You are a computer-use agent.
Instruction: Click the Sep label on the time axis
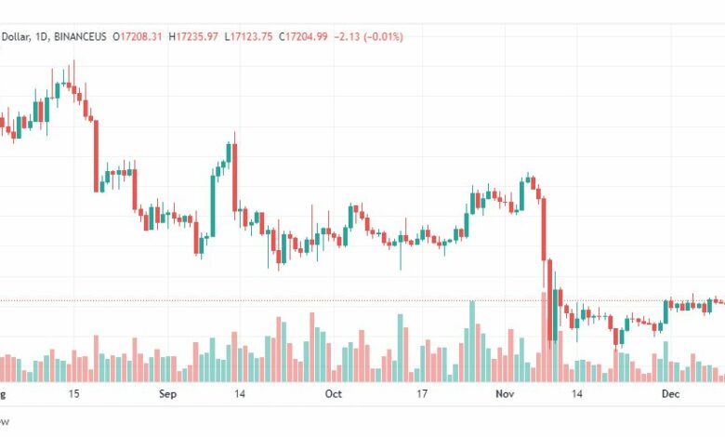(167, 394)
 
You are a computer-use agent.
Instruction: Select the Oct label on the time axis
(334, 394)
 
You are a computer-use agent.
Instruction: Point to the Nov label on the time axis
(504, 394)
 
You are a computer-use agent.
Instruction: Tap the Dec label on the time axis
(671, 394)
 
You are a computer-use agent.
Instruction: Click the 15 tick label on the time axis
(73, 394)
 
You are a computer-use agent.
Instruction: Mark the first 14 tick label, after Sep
(240, 394)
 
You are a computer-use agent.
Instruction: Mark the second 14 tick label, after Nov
(577, 394)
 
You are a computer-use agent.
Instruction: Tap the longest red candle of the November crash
(544, 227)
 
